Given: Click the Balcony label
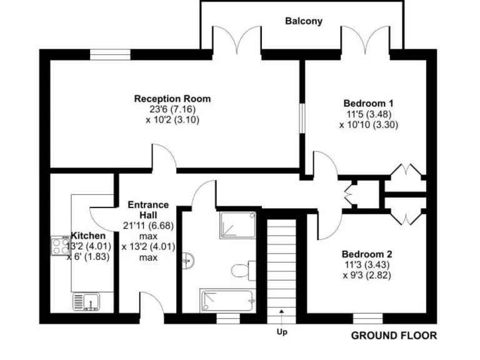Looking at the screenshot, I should (x=304, y=21).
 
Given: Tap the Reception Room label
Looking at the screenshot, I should (x=172, y=99).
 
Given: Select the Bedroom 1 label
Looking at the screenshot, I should (x=369, y=103).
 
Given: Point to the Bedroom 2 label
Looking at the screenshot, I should (x=367, y=254).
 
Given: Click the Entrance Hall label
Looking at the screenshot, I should (x=148, y=209).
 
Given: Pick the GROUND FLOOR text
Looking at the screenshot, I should (x=394, y=336).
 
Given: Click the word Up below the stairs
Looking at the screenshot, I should (x=282, y=332).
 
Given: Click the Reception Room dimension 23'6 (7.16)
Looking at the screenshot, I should (x=172, y=109).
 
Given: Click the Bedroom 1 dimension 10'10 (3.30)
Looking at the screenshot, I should (x=369, y=124).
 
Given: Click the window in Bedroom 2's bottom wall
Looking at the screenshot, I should (x=372, y=318).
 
